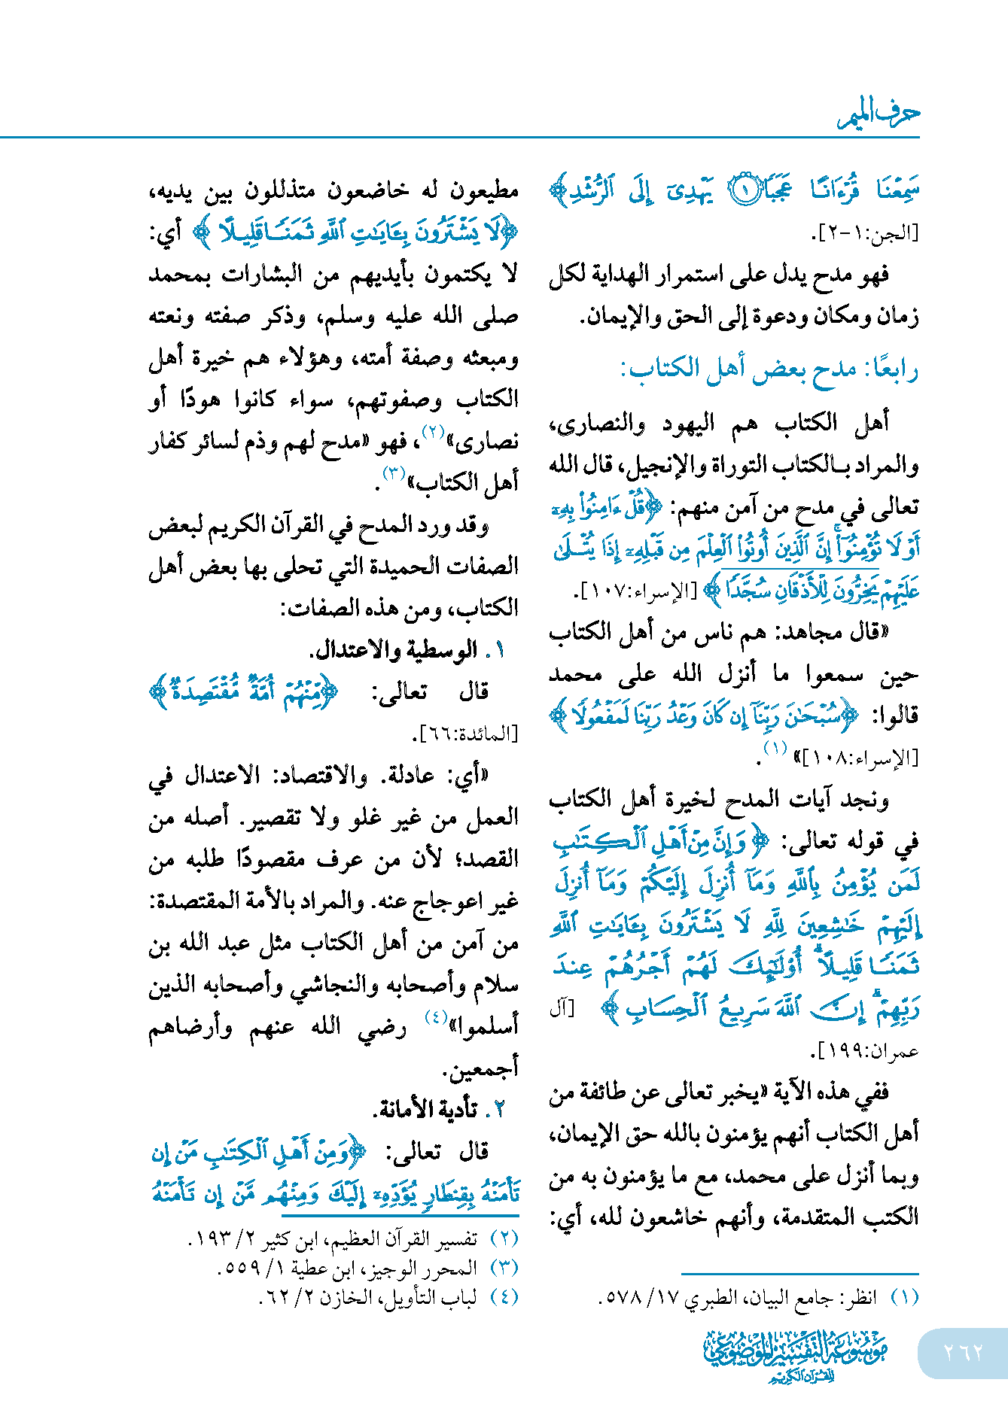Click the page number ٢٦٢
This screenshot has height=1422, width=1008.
(x=963, y=1352)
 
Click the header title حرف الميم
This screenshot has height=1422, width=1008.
(x=879, y=114)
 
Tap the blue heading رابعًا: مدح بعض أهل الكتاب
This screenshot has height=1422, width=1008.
(x=769, y=369)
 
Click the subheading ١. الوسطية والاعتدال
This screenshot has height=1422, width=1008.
(x=407, y=649)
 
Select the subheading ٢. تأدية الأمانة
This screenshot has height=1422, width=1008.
(x=439, y=1109)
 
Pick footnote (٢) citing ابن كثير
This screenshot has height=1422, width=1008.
(x=353, y=1238)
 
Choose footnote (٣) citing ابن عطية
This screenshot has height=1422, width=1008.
(x=368, y=1268)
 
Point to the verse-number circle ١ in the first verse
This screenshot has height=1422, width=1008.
(x=742, y=190)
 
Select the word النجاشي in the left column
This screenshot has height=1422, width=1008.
(x=337, y=985)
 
